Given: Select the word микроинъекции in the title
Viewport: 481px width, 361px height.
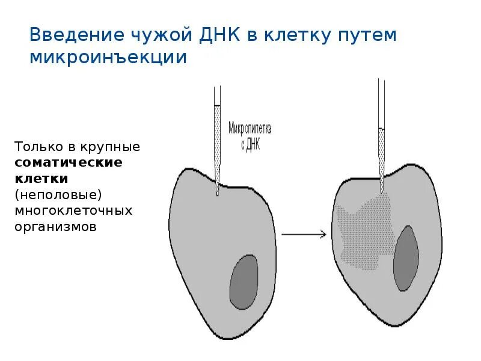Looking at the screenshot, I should point(108,58).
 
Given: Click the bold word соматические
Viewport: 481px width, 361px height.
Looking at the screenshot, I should point(69,163).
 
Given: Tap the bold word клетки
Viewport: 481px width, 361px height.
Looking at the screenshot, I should point(41,179).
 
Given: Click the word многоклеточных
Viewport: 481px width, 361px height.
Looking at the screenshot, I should point(73,211).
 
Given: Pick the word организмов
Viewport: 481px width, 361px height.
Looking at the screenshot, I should point(56,227).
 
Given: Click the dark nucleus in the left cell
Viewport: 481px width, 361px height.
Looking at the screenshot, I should point(244,282).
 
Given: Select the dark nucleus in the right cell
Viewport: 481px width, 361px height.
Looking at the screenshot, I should point(406,258).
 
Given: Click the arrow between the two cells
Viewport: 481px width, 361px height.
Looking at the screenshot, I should point(303,235).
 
